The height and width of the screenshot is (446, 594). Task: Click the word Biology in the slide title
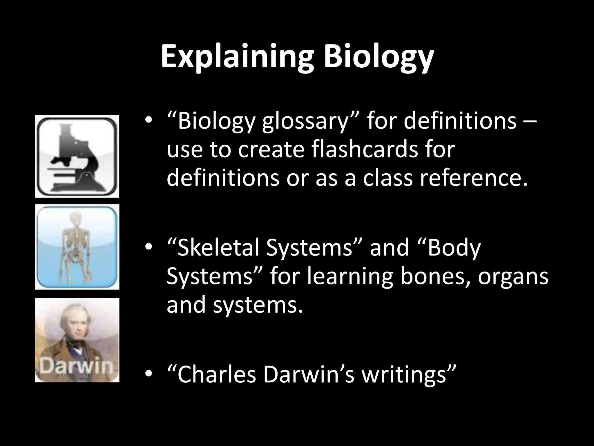379,57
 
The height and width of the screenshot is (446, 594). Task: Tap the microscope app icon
77,157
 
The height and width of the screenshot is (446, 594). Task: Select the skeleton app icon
77,247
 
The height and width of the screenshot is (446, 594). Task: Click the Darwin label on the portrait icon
76,367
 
